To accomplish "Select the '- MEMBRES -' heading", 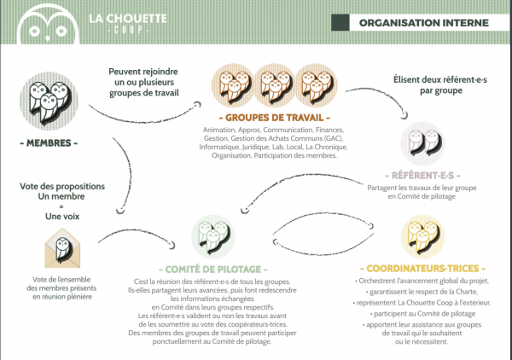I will click(53, 142).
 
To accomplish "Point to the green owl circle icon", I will click(212, 233).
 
